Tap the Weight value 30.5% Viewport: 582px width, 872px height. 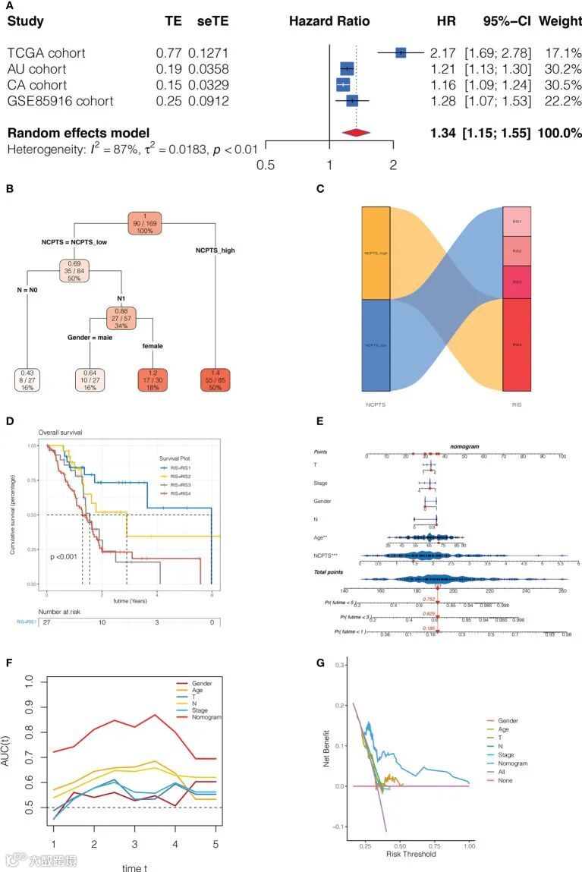561,85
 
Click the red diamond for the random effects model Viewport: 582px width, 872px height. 356,133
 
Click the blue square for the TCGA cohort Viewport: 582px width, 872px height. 401,52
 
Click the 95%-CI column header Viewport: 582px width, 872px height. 506,21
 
